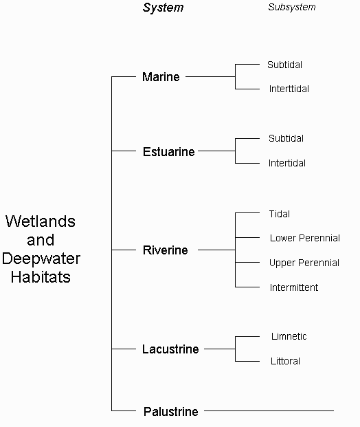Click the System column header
(x=163, y=8)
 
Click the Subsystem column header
(x=292, y=8)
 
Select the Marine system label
(x=161, y=77)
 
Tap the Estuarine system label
(x=169, y=152)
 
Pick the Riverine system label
(x=165, y=250)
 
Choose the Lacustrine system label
(x=170, y=349)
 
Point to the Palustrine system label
(x=170, y=411)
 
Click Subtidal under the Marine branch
(x=284, y=65)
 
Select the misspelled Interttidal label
(x=289, y=89)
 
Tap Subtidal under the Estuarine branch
(x=286, y=138)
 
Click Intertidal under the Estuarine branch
(x=286, y=163)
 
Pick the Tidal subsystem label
(x=279, y=214)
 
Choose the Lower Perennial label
(x=305, y=238)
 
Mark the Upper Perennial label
(x=304, y=263)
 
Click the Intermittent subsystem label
(x=294, y=287)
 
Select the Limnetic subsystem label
(x=289, y=336)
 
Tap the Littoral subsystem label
(x=285, y=361)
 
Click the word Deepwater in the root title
(x=41, y=259)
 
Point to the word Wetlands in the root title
(x=41, y=221)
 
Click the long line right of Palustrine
(x=269, y=410)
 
